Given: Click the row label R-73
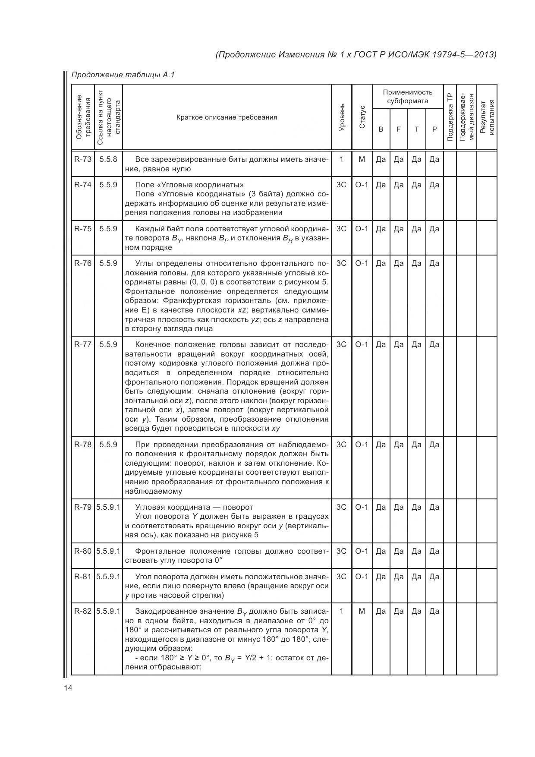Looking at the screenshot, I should [x=83, y=159].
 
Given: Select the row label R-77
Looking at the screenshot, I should [x=83, y=344].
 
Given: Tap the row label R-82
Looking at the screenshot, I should [x=83, y=611].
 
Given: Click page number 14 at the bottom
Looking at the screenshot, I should [x=68, y=688].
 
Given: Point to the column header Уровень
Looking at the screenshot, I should [x=342, y=117].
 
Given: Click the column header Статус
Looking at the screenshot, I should [x=362, y=117].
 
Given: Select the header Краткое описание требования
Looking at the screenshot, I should [x=227, y=117].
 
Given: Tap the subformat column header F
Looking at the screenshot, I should [x=399, y=129].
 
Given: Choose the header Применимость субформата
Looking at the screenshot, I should [x=407, y=97].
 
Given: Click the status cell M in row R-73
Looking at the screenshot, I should [x=362, y=159].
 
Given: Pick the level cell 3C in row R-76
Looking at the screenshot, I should [x=341, y=263].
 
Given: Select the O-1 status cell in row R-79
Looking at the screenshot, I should [x=362, y=507].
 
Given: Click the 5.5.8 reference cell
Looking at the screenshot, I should [x=108, y=159].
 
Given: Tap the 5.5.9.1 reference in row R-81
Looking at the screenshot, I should [x=108, y=577].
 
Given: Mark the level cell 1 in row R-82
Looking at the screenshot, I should [x=341, y=611].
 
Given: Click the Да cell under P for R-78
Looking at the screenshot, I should [x=434, y=445].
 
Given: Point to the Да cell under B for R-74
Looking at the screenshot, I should [x=381, y=185].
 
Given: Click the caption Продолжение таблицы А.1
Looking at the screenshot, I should [x=123, y=75].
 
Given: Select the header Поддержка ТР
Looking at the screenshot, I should [x=450, y=117].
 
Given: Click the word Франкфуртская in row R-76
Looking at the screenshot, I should [x=188, y=301].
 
